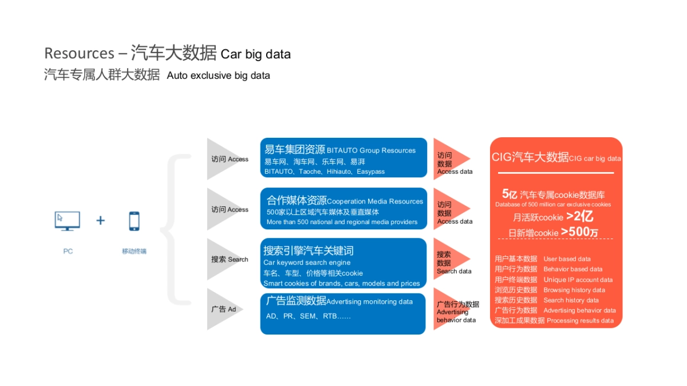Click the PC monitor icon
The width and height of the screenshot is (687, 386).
(x=68, y=221)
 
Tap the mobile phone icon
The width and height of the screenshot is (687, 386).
(x=134, y=221)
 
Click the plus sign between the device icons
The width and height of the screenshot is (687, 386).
(x=101, y=220)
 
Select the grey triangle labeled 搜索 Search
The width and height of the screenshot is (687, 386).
(x=226, y=259)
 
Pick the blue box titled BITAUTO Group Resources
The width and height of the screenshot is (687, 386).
(x=343, y=157)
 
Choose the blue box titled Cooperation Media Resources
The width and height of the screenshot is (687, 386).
(x=343, y=208)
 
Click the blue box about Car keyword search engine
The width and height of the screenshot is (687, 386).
(x=343, y=263)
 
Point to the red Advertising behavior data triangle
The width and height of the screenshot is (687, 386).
(x=452, y=312)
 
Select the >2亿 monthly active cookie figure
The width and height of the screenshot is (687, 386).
(x=579, y=216)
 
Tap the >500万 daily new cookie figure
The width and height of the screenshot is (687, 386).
(x=579, y=232)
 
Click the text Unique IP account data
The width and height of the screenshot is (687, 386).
(x=578, y=280)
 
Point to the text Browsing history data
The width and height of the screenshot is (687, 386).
(x=574, y=290)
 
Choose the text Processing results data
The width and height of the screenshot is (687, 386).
(x=580, y=321)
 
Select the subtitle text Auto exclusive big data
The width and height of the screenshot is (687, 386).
(x=218, y=75)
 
